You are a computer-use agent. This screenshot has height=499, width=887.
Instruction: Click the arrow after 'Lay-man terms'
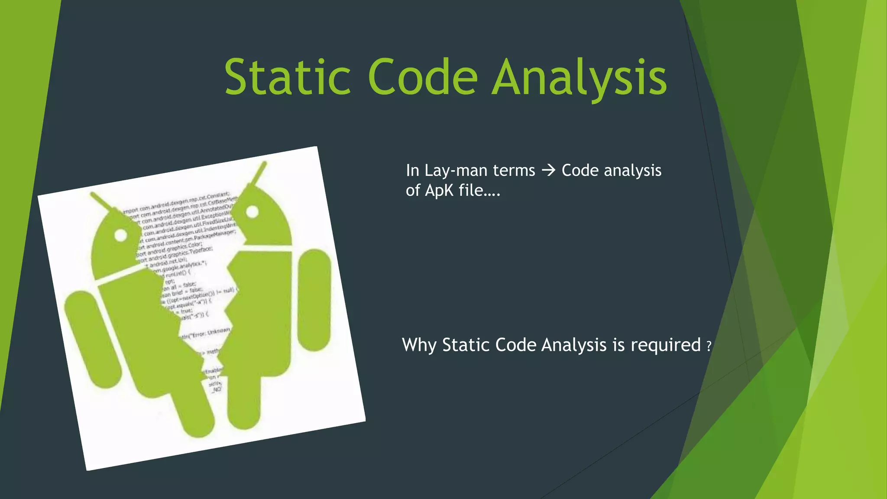[548, 170]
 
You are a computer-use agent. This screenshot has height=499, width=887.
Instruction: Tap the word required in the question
[665, 345]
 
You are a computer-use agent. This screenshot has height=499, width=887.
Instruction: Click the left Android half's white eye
[121, 235]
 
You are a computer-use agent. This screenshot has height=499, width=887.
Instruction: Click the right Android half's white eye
[252, 212]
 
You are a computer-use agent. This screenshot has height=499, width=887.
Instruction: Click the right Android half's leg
[243, 403]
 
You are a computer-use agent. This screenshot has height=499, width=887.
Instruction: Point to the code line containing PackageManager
[191, 238]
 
